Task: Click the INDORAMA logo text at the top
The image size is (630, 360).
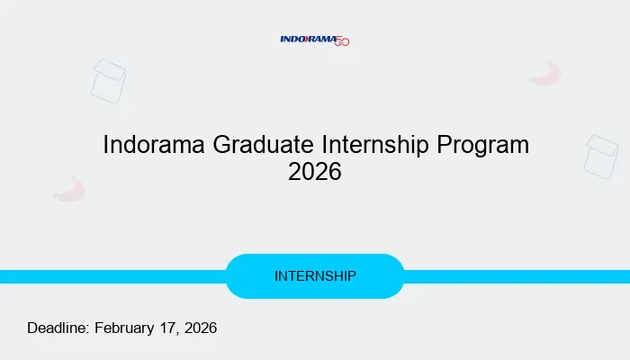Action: pos(307,39)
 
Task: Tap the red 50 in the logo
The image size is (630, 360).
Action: pos(342,41)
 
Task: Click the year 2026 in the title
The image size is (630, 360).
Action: pos(315,172)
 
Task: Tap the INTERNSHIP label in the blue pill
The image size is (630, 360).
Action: pos(315,276)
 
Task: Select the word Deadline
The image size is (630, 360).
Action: pos(58,328)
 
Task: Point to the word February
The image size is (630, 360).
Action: pos(125,328)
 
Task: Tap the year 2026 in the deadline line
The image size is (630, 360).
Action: pos(201,328)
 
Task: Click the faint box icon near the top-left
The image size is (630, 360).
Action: pos(109,81)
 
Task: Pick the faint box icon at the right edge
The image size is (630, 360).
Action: pos(601,157)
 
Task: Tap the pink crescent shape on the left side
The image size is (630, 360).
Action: pos(69,190)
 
